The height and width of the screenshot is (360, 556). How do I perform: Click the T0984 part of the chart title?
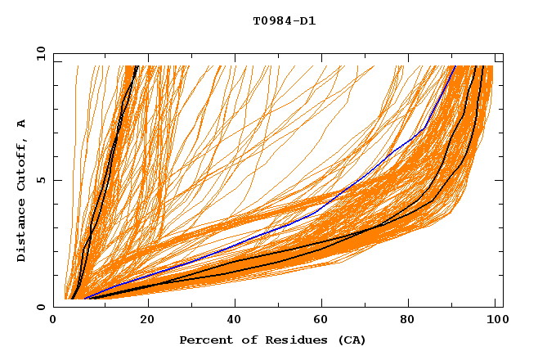pos(270,21)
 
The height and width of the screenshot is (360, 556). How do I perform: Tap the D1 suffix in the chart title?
pos(307,21)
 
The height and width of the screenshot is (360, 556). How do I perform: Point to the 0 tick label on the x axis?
pos(54,320)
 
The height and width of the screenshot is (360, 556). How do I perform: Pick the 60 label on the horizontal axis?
pos(323,320)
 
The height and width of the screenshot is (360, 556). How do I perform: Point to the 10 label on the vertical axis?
pos(39,53)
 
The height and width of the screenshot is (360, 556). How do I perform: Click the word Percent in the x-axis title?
pos(204,340)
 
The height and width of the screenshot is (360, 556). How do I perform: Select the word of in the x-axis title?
pos(242,340)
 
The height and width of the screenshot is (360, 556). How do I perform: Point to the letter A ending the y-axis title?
pos(22,124)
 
